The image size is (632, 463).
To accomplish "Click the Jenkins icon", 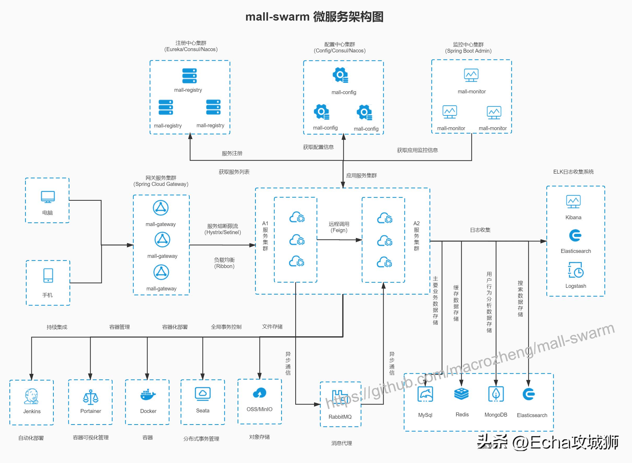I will pyautogui.click(x=31, y=396).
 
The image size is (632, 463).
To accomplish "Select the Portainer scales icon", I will pyautogui.click(x=91, y=397).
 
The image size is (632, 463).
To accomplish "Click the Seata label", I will pyautogui.click(x=203, y=411).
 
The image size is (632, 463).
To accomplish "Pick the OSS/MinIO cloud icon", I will pyautogui.click(x=259, y=393).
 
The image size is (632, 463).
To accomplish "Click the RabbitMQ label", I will pyautogui.click(x=340, y=417).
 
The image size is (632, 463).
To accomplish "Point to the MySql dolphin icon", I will pyautogui.click(x=425, y=394).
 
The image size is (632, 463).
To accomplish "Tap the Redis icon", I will pyautogui.click(x=462, y=394).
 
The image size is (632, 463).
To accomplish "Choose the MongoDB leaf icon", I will pyautogui.click(x=496, y=394).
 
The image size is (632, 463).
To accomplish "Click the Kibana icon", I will pyautogui.click(x=573, y=202).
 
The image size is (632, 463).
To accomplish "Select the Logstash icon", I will pyautogui.click(x=576, y=270).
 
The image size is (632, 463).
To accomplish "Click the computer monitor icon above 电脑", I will pyautogui.click(x=48, y=197).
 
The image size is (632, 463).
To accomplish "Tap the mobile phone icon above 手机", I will pyautogui.click(x=48, y=276).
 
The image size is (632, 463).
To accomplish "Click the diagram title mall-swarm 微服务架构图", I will pyautogui.click(x=314, y=17).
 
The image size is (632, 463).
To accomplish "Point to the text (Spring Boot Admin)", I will pyautogui.click(x=468, y=51).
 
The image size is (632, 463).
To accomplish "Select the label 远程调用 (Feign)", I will pyautogui.click(x=339, y=227).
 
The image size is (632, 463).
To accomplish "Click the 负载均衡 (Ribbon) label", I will pyautogui.click(x=224, y=263).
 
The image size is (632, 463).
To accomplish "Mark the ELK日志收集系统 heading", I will pyautogui.click(x=573, y=172).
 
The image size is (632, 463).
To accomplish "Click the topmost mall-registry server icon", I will pyautogui.click(x=190, y=76).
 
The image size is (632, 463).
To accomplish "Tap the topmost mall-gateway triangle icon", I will pyautogui.click(x=161, y=208).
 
